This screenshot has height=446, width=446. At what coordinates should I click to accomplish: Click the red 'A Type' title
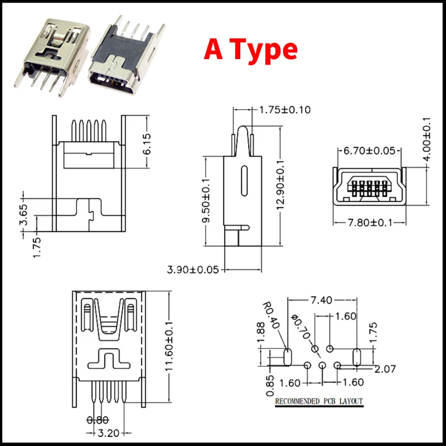(x=250, y=49)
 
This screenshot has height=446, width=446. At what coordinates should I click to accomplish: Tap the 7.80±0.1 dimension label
(x=370, y=222)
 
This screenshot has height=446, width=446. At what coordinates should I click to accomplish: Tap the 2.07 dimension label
(x=385, y=369)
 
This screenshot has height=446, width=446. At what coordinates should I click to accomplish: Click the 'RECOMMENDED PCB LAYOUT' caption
(x=318, y=401)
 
